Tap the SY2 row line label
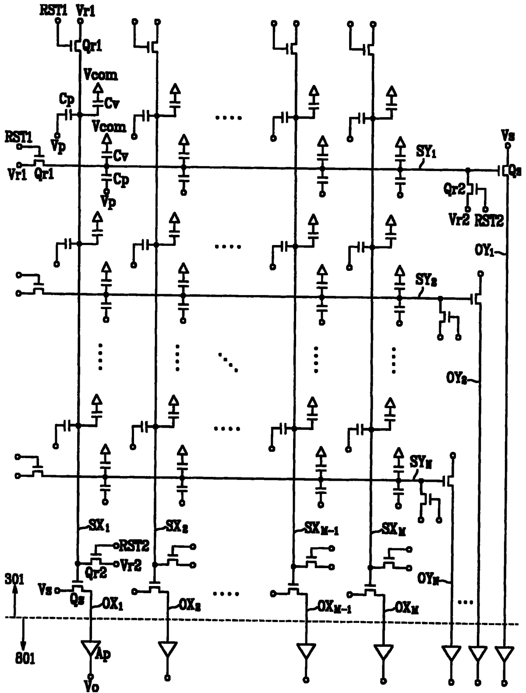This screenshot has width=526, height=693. click(x=426, y=281)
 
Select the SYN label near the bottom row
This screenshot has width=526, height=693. click(x=421, y=462)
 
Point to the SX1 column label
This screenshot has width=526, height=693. click(x=99, y=526)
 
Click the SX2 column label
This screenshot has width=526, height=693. click(x=176, y=527)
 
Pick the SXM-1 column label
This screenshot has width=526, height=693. click(x=322, y=529)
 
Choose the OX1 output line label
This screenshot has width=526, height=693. click(x=112, y=604)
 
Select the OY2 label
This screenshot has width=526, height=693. click(x=456, y=377)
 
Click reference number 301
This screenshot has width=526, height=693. click(x=14, y=579)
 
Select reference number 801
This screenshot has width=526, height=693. click(x=25, y=659)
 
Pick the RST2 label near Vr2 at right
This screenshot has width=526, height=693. click(x=489, y=221)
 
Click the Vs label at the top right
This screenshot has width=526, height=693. click(x=507, y=136)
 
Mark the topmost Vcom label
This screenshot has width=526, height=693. click(x=101, y=75)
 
